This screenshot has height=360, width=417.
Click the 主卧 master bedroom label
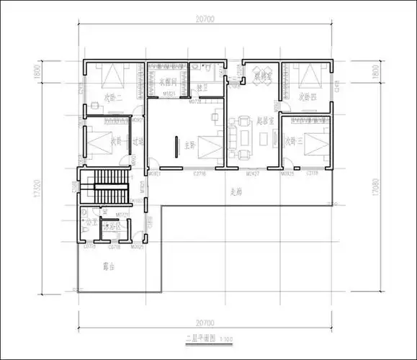[x=189, y=145]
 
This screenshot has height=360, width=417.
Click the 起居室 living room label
[x=264, y=120]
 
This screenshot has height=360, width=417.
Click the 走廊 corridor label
[x=236, y=192]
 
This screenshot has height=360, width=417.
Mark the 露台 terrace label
[x=110, y=266]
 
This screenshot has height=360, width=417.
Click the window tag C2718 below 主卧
[x=199, y=174]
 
